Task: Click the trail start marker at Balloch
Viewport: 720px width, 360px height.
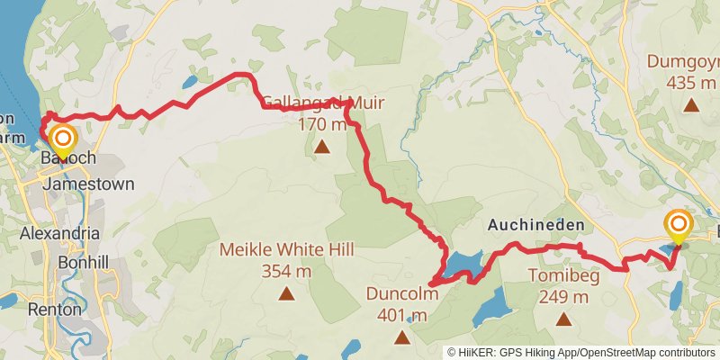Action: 63,139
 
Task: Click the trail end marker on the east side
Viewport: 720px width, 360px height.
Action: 678,224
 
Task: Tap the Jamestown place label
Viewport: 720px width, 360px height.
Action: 88,184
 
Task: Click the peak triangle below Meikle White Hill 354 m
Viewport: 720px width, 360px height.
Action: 286,292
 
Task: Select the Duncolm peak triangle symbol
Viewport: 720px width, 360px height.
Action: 401,337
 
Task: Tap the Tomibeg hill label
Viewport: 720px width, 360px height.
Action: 563,275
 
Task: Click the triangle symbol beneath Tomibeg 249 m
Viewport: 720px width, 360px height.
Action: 563,318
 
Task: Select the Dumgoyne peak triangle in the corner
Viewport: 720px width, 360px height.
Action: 691,104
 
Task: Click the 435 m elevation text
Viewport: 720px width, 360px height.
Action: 691,82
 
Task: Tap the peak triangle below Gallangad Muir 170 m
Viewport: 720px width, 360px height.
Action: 321,144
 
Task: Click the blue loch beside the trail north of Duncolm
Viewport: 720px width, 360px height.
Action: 461,264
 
